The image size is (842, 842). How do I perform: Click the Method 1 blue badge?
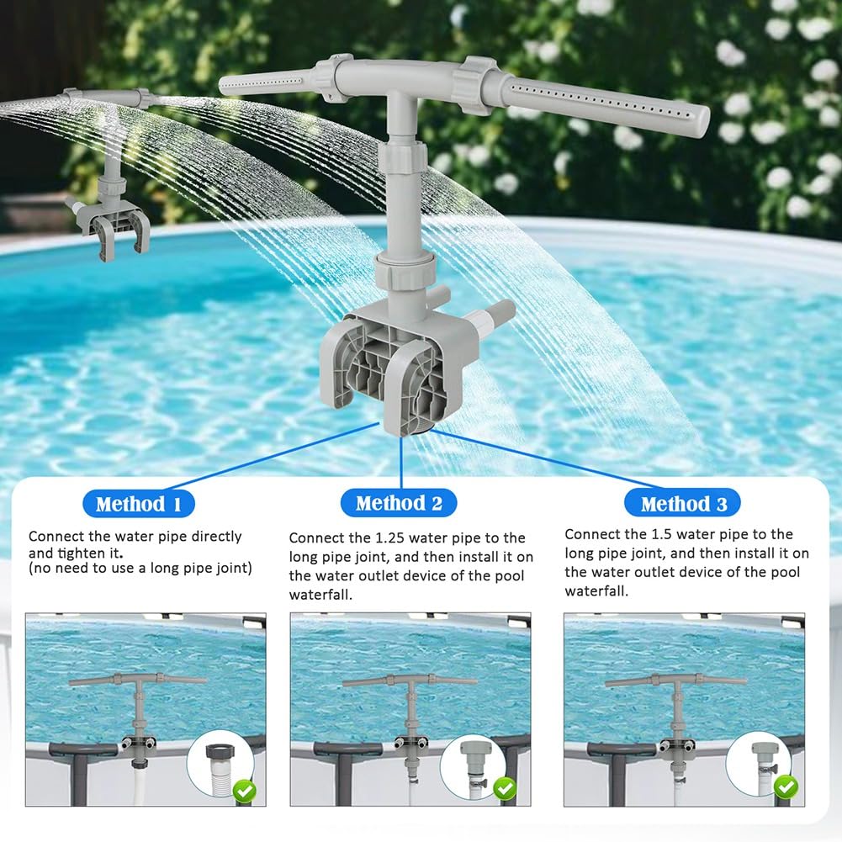(x=139, y=504)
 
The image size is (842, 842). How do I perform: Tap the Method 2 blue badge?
(x=399, y=503)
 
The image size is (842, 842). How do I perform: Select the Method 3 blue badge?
(x=682, y=503)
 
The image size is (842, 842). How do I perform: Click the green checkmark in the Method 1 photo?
(x=244, y=791)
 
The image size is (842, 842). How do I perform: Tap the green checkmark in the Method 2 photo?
(x=505, y=788)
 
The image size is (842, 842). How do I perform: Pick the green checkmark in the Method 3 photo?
(x=786, y=787)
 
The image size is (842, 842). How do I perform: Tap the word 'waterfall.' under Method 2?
(x=320, y=595)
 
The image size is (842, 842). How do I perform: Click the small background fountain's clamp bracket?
(x=112, y=228)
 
